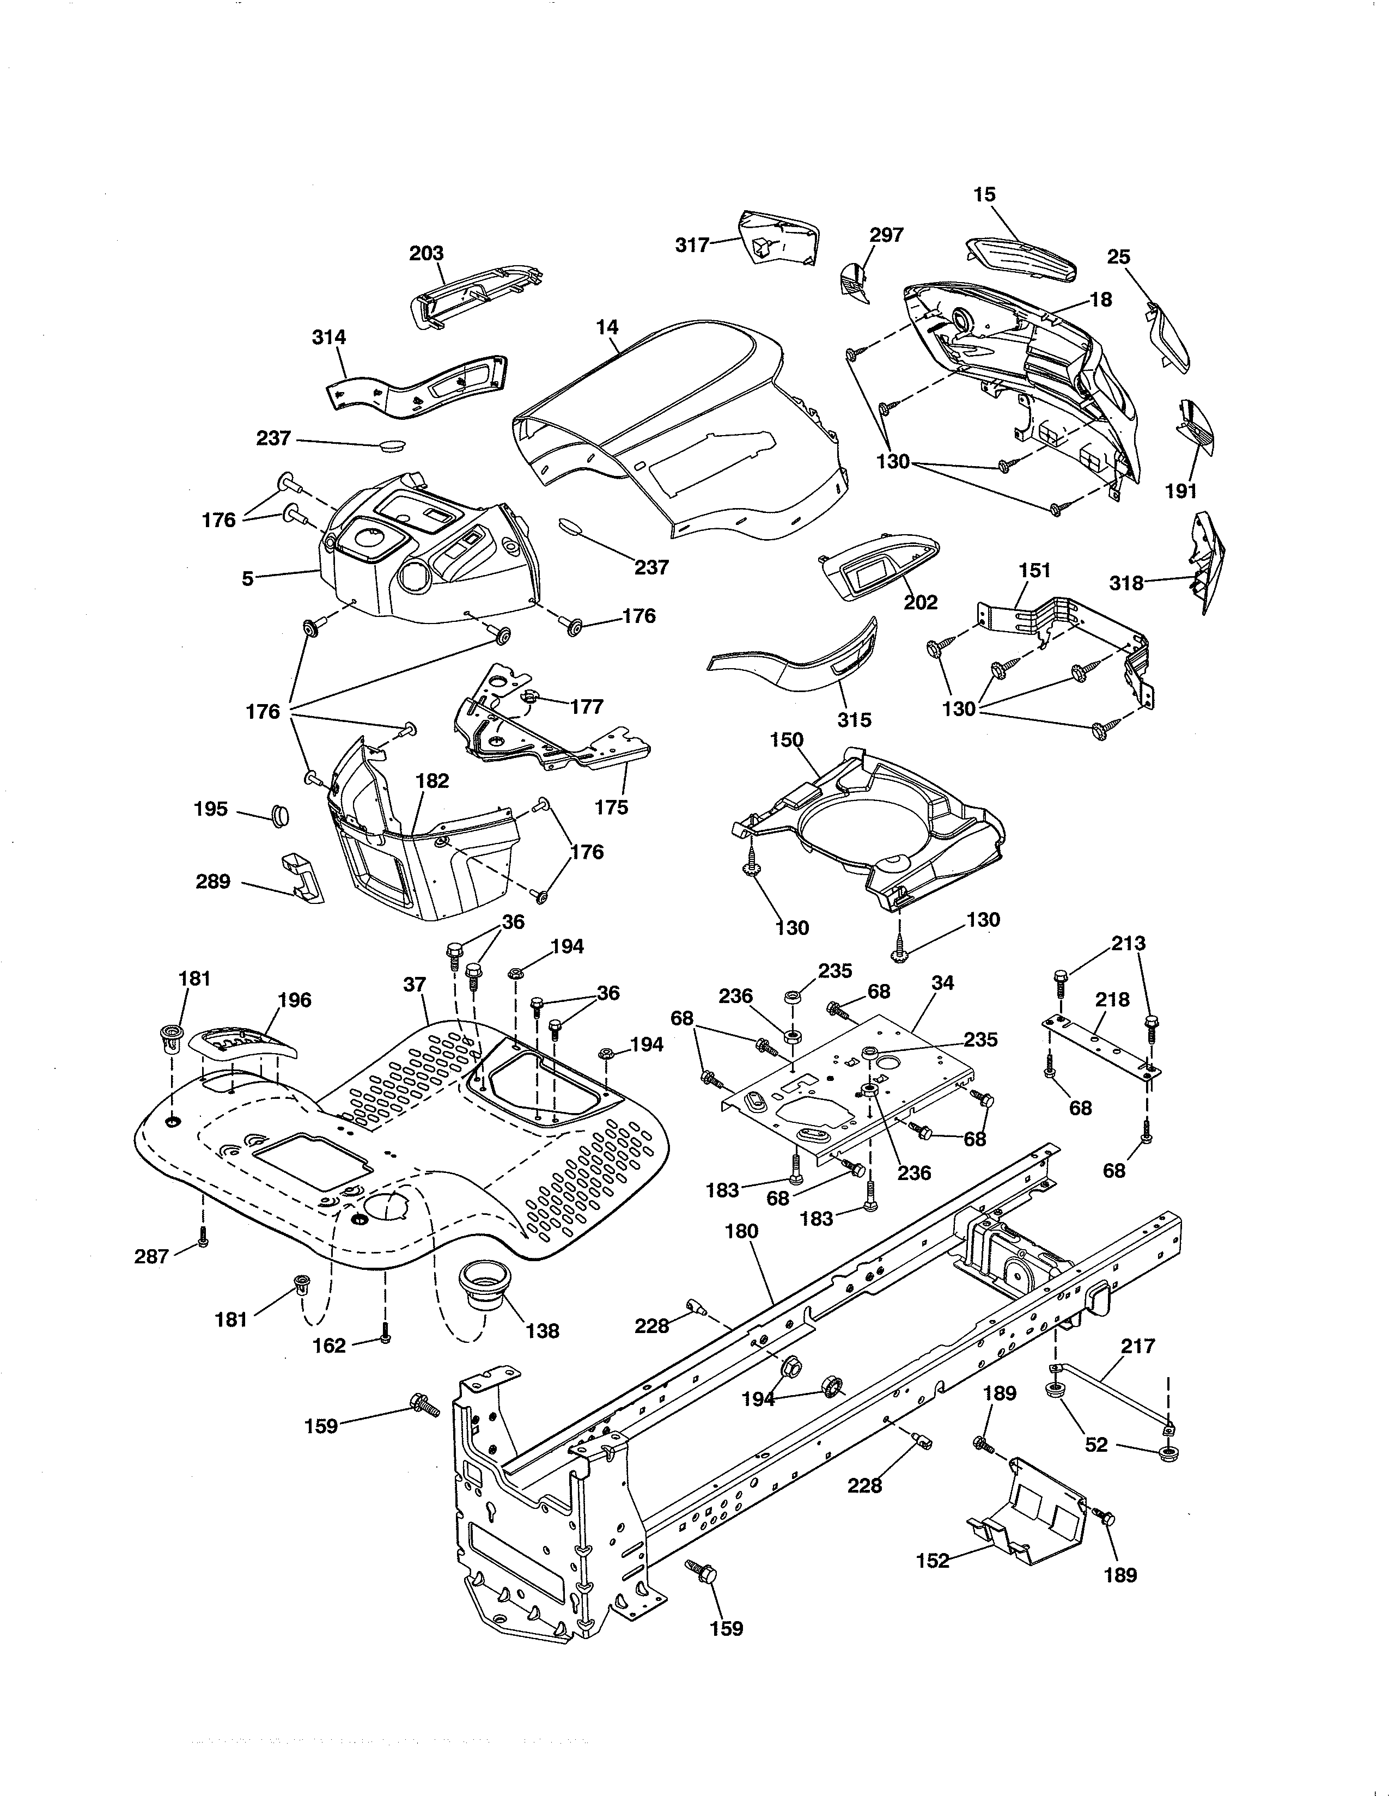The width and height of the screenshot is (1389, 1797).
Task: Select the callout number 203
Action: tap(427, 253)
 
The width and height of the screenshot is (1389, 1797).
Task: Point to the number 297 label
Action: tap(886, 235)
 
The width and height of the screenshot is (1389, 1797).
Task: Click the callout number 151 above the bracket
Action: tap(1034, 570)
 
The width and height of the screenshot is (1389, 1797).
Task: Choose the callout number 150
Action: tap(786, 739)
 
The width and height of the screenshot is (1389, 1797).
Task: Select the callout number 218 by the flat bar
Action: tap(1112, 1000)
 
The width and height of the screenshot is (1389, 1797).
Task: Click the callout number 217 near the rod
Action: tap(1137, 1347)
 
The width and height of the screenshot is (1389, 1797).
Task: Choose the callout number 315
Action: tap(854, 720)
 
